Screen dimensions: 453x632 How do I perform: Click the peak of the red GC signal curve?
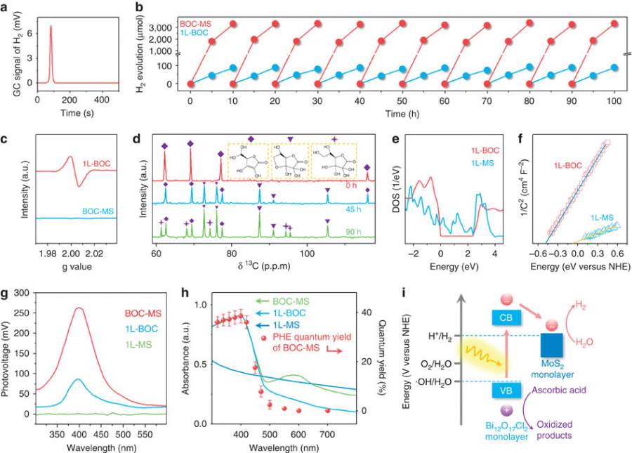click(51, 26)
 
